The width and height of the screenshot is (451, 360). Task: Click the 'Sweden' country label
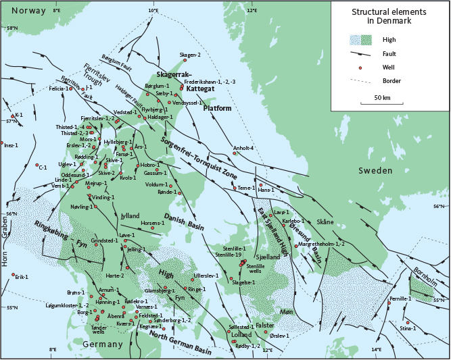click(x=375, y=171)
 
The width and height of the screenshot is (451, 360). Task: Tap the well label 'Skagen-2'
click(x=191, y=55)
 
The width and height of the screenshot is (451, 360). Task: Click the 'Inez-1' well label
click(x=11, y=145)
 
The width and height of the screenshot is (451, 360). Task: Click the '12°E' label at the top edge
click(x=252, y=11)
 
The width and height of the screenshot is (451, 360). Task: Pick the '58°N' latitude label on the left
click(x=11, y=28)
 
